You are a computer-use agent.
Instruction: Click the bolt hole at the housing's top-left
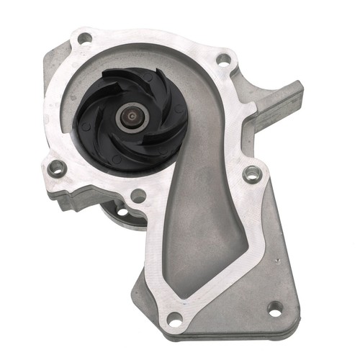click(85, 37)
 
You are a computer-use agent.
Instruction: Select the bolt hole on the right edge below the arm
click(251, 174)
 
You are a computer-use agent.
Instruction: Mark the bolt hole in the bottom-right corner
click(274, 309)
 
